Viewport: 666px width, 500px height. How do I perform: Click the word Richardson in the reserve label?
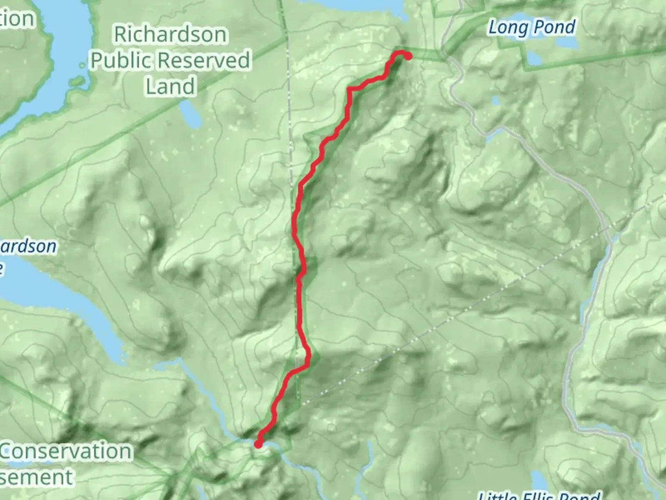170,35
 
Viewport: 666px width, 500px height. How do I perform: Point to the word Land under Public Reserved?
170,87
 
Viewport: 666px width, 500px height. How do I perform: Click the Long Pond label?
532,27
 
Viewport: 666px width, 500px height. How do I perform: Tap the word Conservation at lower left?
66,451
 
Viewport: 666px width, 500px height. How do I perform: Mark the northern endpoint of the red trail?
408,56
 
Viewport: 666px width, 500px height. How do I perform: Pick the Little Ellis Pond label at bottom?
539,495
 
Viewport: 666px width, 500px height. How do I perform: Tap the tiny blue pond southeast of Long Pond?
495,100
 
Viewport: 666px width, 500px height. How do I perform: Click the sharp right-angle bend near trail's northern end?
350,88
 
